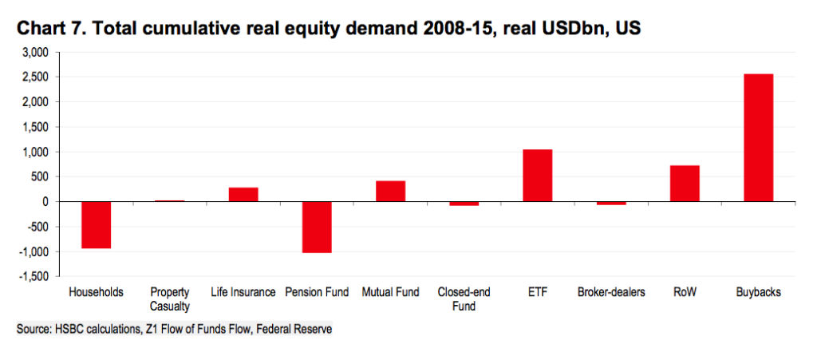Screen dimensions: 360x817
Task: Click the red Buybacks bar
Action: pyautogui.click(x=758, y=137)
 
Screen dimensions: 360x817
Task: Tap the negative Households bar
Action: pyautogui.click(x=96, y=225)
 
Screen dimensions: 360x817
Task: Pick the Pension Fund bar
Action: pyautogui.click(x=317, y=227)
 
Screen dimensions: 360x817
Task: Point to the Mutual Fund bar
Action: pyautogui.click(x=390, y=192)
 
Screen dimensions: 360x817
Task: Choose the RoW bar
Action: pyautogui.click(x=685, y=184)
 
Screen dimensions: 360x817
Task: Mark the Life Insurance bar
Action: pyautogui.click(x=243, y=195)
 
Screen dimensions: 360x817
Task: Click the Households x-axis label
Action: pyautogui.click(x=97, y=292)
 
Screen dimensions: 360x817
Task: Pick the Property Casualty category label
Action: pyautogui.click(x=170, y=299)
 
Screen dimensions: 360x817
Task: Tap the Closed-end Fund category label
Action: pyautogui.click(x=463, y=299)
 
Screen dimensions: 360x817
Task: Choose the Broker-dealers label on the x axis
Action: pyautogui.click(x=612, y=292)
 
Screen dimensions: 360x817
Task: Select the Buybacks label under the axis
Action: pyautogui.click(x=758, y=292)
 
